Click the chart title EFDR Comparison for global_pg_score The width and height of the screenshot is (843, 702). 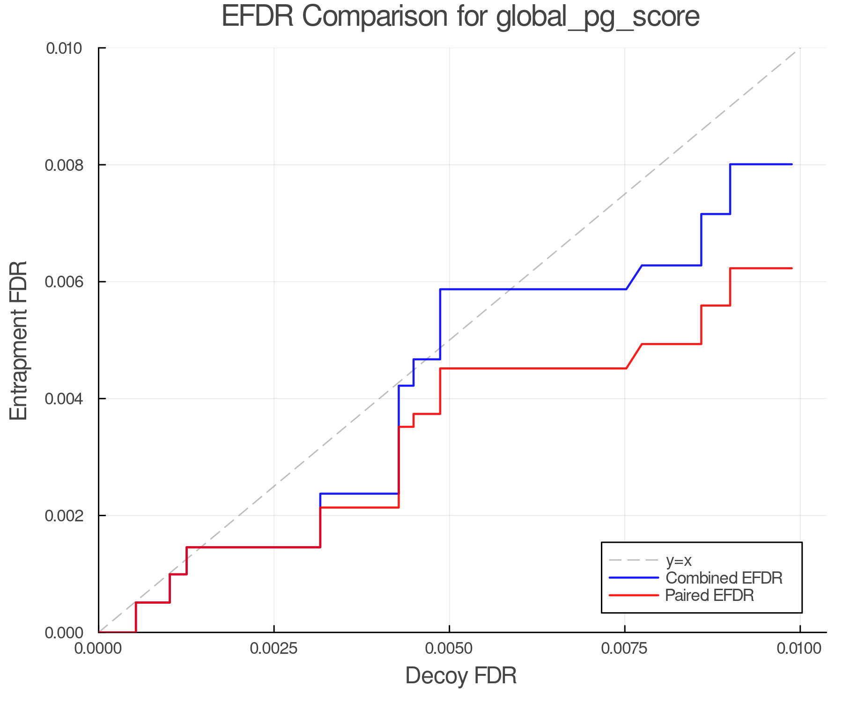coord(460,17)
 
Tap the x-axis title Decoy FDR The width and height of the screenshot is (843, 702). coord(461,675)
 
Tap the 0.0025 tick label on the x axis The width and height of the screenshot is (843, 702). coord(274,648)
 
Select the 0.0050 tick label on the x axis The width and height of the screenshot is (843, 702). coord(449,648)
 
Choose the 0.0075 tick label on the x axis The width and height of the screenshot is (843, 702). coord(624,648)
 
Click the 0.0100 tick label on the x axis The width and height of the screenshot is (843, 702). coord(799,648)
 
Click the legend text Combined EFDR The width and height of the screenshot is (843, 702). coord(724,578)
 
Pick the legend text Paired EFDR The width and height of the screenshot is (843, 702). coord(710,595)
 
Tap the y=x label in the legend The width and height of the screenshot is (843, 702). coord(679,560)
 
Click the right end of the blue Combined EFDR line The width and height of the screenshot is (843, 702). coord(791,164)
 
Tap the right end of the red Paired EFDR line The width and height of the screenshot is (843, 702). coord(791,268)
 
